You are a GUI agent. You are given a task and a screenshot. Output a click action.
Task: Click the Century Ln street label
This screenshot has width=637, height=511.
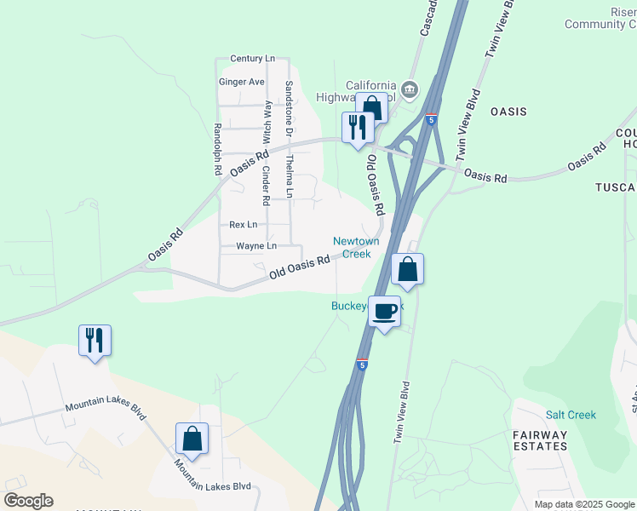click(x=252, y=59)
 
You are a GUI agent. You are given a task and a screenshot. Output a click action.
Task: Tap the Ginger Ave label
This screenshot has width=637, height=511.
click(x=242, y=82)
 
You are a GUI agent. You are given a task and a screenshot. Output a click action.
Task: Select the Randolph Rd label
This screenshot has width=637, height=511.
click(x=217, y=148)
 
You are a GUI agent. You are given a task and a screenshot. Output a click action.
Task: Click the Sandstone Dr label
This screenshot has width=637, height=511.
click(x=289, y=108)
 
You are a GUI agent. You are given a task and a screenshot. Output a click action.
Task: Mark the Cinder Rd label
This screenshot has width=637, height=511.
click(x=266, y=185)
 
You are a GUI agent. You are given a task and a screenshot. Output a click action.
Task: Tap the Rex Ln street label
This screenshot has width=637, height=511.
click(x=243, y=225)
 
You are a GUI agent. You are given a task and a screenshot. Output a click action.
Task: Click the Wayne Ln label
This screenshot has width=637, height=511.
click(x=256, y=246)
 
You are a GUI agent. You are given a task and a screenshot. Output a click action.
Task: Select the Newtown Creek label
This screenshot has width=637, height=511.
click(x=356, y=247)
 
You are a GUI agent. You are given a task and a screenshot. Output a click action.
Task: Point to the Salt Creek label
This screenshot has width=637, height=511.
click(x=571, y=415)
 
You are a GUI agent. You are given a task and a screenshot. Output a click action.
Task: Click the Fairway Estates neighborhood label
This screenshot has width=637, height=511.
click(x=540, y=440)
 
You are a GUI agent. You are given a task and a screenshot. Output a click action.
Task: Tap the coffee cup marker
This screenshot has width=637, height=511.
click(x=386, y=311)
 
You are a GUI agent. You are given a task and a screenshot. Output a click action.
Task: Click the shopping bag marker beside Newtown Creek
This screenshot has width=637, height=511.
click(x=408, y=269)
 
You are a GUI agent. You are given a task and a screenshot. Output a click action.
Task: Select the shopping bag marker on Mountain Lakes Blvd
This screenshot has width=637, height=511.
click(x=192, y=439)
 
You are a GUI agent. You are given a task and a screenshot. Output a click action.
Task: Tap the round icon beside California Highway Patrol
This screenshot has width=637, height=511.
click(x=410, y=89)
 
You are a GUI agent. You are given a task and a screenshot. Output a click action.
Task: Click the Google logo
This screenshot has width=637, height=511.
click(x=28, y=501)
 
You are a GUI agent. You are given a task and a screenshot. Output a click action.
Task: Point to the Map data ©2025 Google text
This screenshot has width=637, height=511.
click(x=584, y=504)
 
